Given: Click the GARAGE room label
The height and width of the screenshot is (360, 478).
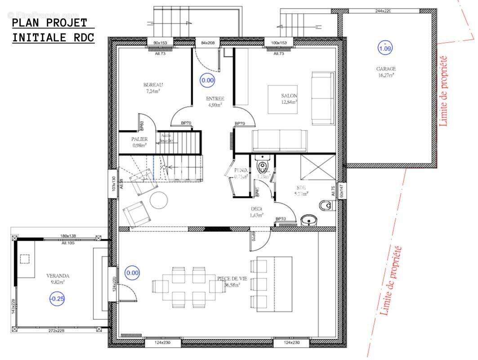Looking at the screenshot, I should coord(386,69).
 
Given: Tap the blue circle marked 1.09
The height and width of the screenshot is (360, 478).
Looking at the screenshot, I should coord(385,48).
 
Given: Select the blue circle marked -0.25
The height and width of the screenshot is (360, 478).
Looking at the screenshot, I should coord(57,298).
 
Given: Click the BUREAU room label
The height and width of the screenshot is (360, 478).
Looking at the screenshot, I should coord(153,85).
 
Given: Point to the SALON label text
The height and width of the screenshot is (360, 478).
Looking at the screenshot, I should coord(289,96).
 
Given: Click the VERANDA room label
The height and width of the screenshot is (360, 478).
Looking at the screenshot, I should coord(58,276).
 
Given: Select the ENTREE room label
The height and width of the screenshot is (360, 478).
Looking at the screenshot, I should coord(215,99).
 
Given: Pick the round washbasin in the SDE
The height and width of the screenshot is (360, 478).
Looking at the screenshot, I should coord(309,220).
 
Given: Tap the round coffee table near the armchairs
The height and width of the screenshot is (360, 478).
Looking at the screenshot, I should coord(158,200).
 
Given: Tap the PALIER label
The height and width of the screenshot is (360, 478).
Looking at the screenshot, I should coord(139,139).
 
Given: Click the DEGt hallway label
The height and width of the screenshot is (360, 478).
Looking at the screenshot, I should coord(256,209).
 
